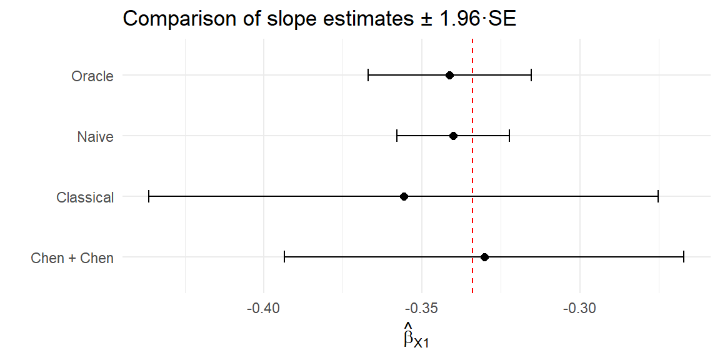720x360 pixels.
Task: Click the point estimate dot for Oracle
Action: [449, 76]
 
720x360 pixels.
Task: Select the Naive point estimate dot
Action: [453, 136]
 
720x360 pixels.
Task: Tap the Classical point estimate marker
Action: [404, 196]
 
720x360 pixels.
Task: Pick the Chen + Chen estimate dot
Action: [484, 257]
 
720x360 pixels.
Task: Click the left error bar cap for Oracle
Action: [368, 76]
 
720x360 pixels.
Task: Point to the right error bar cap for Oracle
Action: [531, 76]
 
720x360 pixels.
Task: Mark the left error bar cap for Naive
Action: [397, 136]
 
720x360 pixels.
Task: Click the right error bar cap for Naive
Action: [509, 136]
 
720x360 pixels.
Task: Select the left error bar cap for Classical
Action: [149, 196]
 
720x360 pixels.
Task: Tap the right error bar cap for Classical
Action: [658, 196]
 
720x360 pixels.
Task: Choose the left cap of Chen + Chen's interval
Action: [284, 257]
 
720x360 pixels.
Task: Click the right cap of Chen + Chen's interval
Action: [684, 257]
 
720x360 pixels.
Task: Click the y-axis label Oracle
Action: [92, 76]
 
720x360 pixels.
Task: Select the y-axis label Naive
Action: [95, 136]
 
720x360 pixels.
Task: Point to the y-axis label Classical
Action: [85, 197]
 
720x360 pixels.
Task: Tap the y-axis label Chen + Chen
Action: [72, 257]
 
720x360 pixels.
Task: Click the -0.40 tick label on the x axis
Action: [263, 309]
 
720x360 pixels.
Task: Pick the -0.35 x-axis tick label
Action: [422, 309]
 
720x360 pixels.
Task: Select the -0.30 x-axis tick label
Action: [580, 309]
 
